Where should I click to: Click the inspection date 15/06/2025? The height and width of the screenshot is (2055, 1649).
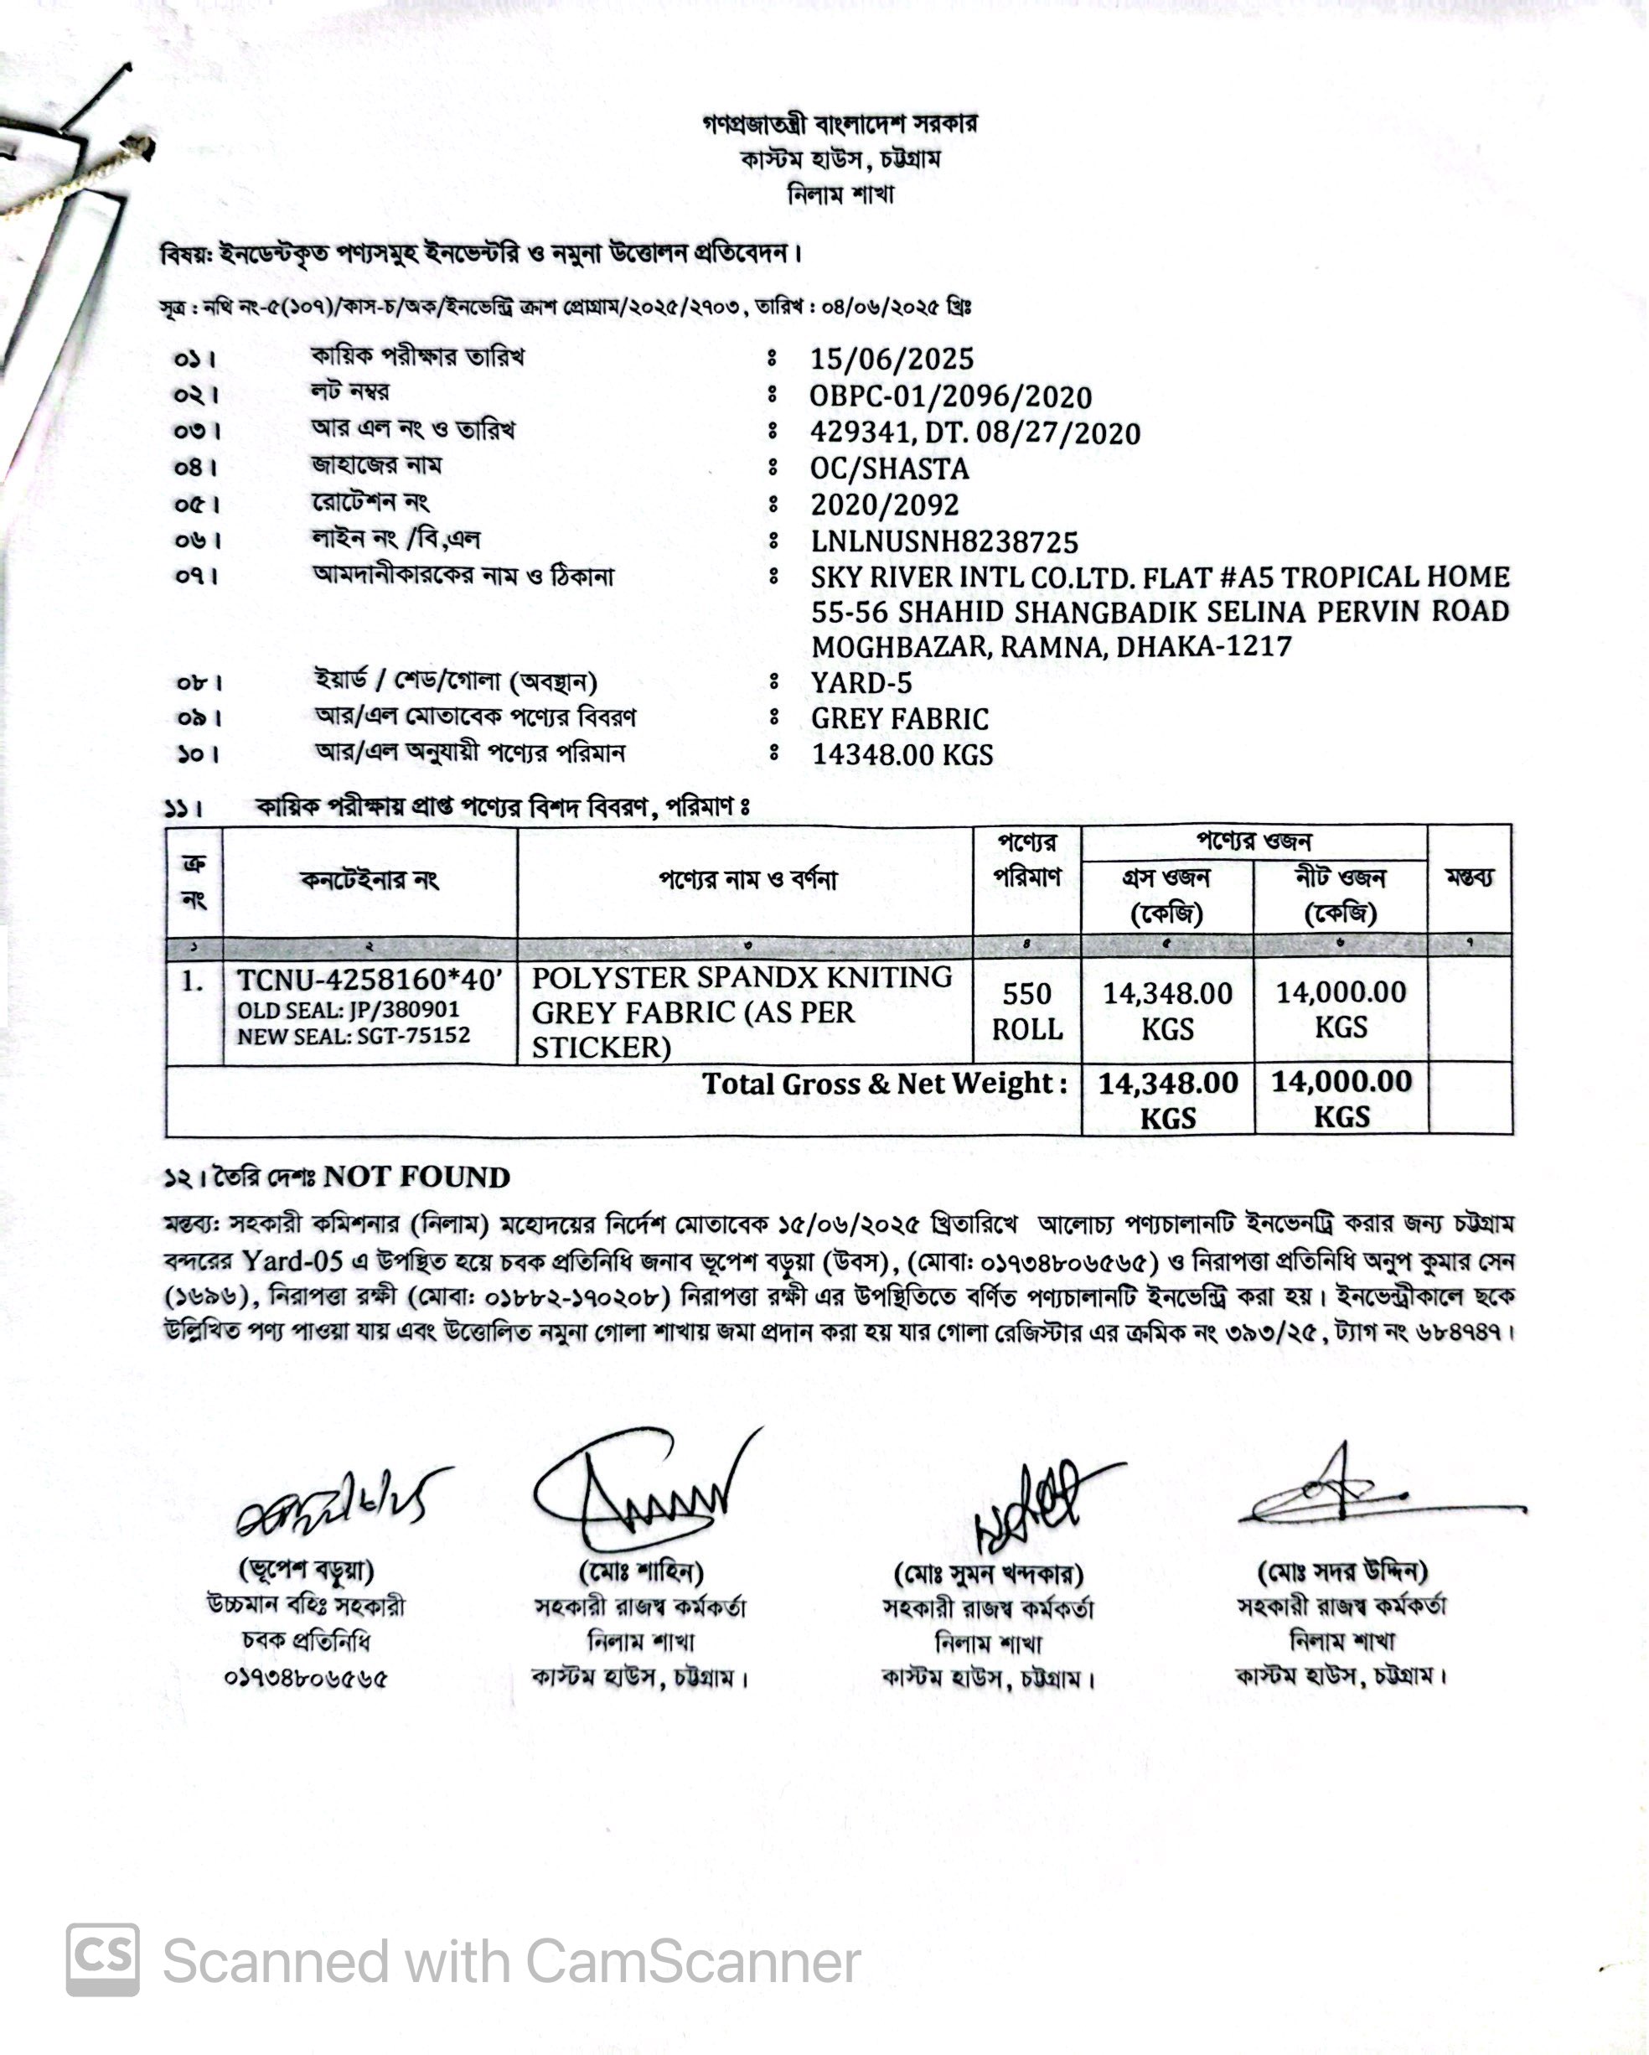click(x=892, y=360)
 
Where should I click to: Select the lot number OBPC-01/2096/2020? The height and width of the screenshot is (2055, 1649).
click(x=950, y=396)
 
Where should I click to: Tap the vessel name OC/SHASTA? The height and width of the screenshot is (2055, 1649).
click(x=889, y=469)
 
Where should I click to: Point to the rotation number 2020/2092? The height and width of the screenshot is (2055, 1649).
click(x=885, y=505)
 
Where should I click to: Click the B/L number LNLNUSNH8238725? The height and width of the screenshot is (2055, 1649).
click(x=943, y=541)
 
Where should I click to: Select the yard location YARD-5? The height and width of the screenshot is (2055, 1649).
click(x=861, y=682)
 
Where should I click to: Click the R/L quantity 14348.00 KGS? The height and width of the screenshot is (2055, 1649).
click(x=902, y=755)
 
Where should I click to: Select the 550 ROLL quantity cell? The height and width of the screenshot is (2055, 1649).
click(x=1026, y=1011)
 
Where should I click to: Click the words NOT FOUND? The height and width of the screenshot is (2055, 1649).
click(x=416, y=1178)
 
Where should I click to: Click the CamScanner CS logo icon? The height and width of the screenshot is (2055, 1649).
click(x=103, y=1959)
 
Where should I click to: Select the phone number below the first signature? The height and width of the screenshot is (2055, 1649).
click(x=306, y=1678)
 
